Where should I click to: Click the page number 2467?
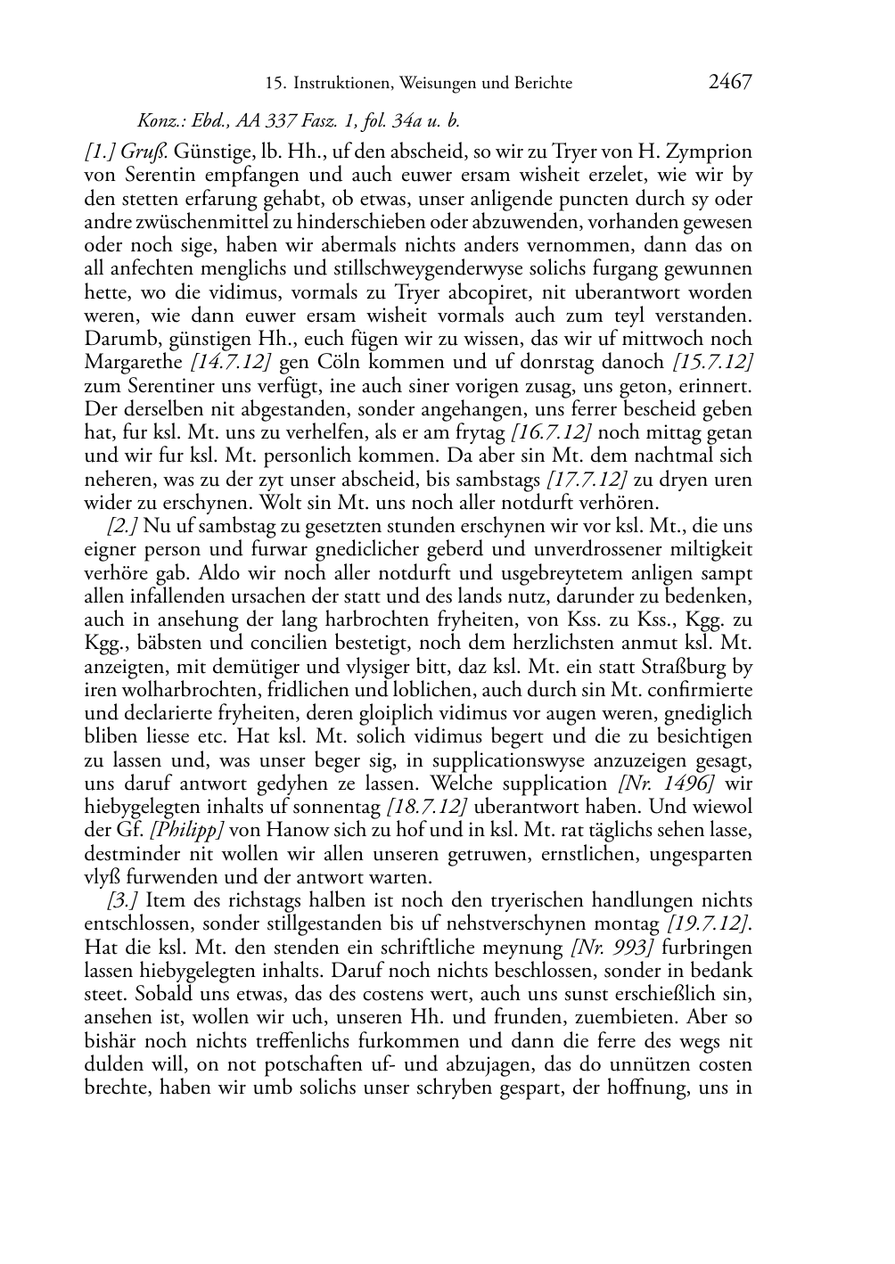click(730, 83)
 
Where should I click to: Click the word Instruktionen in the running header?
click(339, 84)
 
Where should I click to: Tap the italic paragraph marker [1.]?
click(100, 152)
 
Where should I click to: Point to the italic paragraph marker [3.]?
click(122, 900)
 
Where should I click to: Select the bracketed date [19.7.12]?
click(709, 923)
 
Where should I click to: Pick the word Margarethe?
click(130, 363)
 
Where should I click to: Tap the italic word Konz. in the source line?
click(157, 120)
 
